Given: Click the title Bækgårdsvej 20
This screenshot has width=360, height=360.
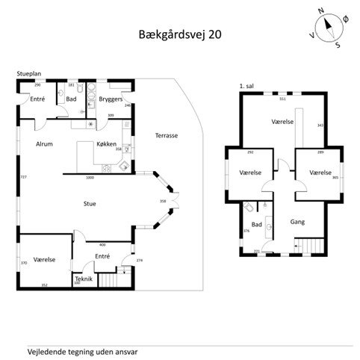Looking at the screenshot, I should point(179,34).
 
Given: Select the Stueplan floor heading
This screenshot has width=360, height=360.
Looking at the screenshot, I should point(29,74).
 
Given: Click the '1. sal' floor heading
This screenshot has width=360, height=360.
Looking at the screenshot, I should point(246,87).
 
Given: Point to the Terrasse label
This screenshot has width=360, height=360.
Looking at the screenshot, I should point(167,136).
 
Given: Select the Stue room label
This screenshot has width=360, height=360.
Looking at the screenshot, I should point(90,202).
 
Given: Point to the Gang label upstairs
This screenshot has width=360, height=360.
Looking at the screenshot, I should point(298,222).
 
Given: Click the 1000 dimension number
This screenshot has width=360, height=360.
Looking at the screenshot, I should point(90,178).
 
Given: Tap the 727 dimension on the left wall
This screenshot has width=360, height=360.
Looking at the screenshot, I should point(23,177).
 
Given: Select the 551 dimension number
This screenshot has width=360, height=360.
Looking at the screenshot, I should point(282,99).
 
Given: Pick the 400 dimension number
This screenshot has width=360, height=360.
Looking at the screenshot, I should point(102,244).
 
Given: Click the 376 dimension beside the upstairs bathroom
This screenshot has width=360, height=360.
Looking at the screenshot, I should point(245,232).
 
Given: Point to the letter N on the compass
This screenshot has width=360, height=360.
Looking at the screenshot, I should point(320,11).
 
